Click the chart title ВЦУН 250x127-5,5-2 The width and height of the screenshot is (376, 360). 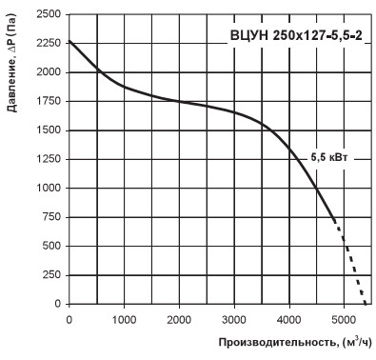[x=296, y=35]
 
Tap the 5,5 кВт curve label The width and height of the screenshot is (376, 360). [x=329, y=157]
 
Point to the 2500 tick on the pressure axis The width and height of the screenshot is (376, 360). [x=49, y=14]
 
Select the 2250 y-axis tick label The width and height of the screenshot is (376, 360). [x=49, y=43]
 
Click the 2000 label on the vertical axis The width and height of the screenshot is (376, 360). [x=49, y=72]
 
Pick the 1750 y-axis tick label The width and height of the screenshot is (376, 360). [x=49, y=101]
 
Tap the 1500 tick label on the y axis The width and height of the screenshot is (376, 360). [x=49, y=130]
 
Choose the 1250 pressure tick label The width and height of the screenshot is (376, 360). [x=49, y=159]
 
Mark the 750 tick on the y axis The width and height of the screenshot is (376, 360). [x=51, y=217]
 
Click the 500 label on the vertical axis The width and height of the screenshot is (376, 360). [x=51, y=246]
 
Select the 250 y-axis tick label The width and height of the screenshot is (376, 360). [x=51, y=274]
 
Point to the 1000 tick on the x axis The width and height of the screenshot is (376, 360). [x=124, y=320]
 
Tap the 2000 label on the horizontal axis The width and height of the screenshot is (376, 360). [x=179, y=320]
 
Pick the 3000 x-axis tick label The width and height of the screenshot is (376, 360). [x=234, y=320]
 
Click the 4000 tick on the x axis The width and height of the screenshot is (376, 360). [x=289, y=320]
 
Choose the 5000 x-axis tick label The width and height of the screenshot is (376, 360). [x=345, y=320]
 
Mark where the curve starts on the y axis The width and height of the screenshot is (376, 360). [x=69, y=41]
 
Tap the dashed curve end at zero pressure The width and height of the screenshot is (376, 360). [x=366, y=304]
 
